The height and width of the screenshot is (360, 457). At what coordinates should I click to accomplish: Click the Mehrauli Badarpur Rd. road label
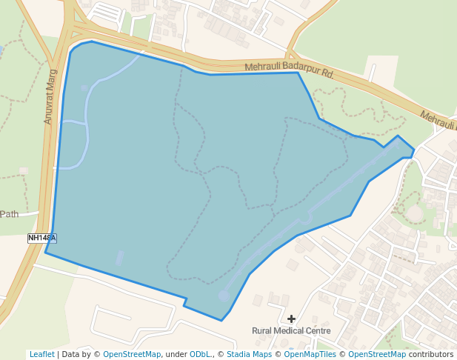pos(290,70)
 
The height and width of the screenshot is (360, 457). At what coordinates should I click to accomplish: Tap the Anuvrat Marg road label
pos(50,101)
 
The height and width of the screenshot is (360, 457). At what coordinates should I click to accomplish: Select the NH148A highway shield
pos(42,238)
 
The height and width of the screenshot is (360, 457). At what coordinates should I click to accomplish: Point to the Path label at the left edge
pos(9,214)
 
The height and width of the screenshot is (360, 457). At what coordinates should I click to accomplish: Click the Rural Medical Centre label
pos(291,330)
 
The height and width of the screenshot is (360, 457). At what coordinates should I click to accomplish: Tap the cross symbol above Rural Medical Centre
pos(292,319)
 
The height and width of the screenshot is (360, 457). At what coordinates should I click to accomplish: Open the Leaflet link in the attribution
pos(41,354)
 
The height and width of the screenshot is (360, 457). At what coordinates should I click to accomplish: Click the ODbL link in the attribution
pos(199,354)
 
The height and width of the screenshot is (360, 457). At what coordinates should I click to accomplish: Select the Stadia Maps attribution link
pos(249,354)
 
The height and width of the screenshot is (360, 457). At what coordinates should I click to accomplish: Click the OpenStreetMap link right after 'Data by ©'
pos(132,354)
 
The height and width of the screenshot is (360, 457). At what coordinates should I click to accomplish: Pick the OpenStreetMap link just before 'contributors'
pos(377,354)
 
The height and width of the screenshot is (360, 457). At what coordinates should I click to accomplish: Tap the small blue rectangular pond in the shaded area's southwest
pos(120,258)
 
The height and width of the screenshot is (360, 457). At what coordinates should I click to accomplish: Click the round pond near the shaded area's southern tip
pos(224,296)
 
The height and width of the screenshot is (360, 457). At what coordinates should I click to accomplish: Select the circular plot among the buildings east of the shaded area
pos(415,213)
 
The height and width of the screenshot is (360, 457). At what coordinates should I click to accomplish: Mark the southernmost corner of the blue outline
pos(221,321)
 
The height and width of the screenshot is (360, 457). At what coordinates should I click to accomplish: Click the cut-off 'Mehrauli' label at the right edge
pos(438,120)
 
